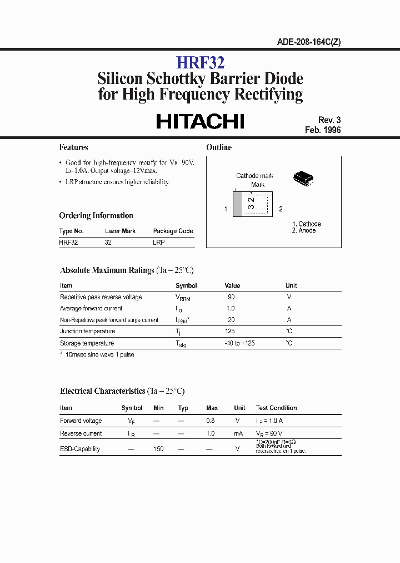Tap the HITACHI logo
[200, 121]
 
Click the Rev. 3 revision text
[329, 120]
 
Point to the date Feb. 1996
[323, 130]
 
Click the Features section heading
[73, 147]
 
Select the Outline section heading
[219, 147]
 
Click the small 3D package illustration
[303, 178]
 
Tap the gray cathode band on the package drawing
[237, 204]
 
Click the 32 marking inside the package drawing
[252, 203]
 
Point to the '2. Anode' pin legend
[304, 230]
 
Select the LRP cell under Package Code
[159, 243]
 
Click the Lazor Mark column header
[120, 231]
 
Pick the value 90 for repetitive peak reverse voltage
[231, 297]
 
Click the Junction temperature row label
[87, 331]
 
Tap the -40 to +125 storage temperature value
[239, 343]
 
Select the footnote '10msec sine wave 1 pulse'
[99, 354]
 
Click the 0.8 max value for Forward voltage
[210, 421]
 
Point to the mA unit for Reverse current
[239, 433]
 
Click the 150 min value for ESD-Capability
[158, 448]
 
